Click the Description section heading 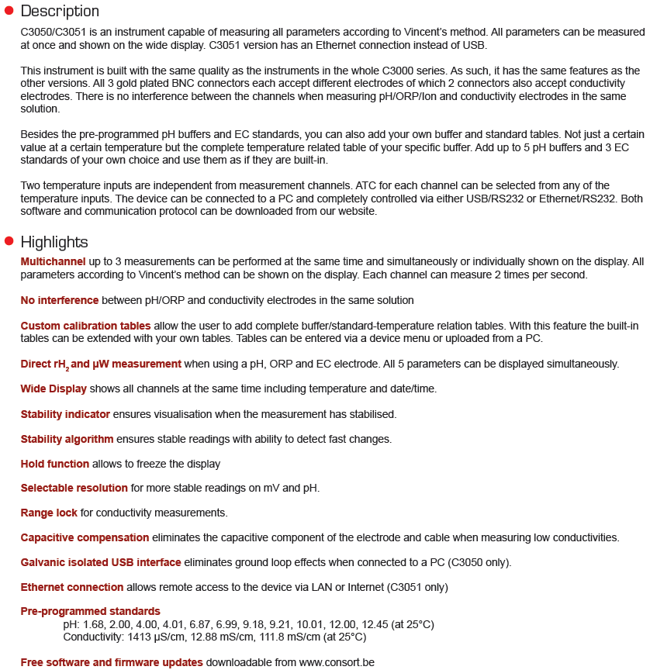coord(60,12)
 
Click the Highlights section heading coord(54,242)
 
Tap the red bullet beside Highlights coord(9,241)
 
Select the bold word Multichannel coord(53,262)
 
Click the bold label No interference coord(60,300)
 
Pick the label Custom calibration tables coord(85,326)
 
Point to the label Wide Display coord(54,389)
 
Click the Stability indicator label coord(65,414)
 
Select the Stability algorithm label coord(67,439)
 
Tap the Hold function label coord(55,464)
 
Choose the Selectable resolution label coord(74,488)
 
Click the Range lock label coord(49,513)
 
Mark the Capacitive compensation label coord(85,537)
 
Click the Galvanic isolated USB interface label coord(101,562)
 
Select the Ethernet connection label coord(72,587)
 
